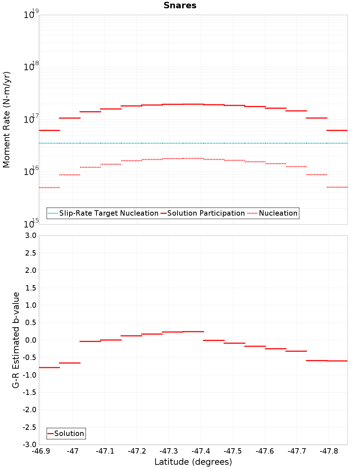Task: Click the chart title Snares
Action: pos(180,5)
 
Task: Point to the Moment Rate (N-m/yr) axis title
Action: pos(6,120)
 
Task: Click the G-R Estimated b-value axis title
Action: pos(16,340)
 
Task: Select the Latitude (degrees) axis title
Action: pos(193,462)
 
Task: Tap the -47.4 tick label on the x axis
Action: pos(201,451)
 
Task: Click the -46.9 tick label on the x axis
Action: pos(41,451)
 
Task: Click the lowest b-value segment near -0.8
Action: pos(49,367)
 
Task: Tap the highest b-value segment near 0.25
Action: pos(193,332)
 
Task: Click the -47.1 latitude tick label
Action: pos(105,451)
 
